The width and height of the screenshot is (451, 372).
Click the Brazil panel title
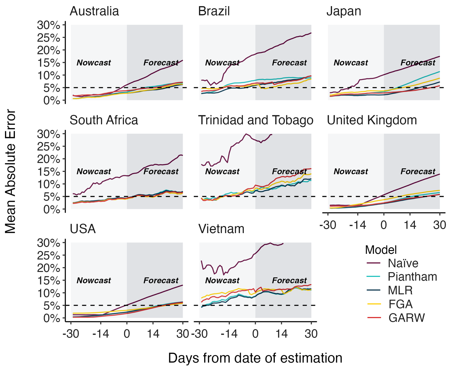point(214,11)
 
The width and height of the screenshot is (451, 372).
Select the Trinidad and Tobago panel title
point(256,120)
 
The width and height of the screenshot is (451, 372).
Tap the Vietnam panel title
point(221,229)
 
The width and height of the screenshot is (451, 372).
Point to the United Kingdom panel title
point(372,120)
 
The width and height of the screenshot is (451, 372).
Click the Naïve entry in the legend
point(403,263)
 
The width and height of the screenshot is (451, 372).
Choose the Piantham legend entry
point(412,277)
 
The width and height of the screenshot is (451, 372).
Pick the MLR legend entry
point(400,290)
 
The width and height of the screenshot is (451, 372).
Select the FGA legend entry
point(400,304)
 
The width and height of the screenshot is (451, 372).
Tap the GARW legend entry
point(406,317)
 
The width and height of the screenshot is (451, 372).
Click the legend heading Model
point(381,250)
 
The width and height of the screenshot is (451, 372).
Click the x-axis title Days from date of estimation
point(255,358)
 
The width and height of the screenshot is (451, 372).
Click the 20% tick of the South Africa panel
point(48,159)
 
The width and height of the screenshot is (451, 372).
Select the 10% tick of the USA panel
point(48,293)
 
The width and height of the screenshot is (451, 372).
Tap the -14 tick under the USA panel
point(100,333)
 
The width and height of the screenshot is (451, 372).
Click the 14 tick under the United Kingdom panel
point(410,225)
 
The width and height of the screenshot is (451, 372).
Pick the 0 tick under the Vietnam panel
point(255,333)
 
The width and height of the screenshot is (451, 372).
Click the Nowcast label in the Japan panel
point(351,63)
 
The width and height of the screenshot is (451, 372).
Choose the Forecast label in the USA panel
point(161,281)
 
